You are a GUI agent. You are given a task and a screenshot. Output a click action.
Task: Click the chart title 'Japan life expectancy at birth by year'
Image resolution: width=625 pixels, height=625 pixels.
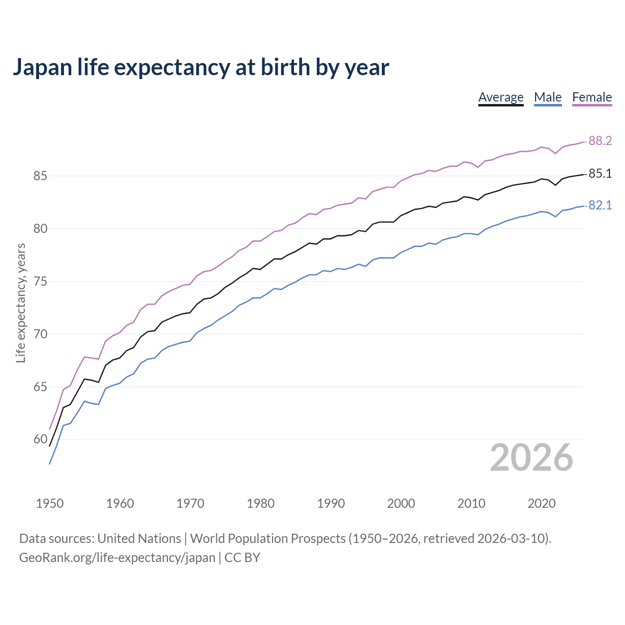pyautogui.click(x=201, y=67)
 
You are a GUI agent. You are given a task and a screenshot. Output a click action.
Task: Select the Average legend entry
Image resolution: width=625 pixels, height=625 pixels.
pyautogui.click(x=500, y=97)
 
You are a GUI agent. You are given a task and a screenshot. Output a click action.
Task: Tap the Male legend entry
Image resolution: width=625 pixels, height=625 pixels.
pyautogui.click(x=548, y=97)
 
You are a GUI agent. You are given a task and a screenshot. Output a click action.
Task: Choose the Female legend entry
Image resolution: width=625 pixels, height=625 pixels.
pyautogui.click(x=592, y=97)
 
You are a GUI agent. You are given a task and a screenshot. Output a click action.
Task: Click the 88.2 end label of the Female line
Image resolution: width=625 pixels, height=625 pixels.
pyautogui.click(x=600, y=141)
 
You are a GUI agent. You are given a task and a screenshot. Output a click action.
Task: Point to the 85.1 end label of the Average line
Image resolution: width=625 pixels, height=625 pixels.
pyautogui.click(x=600, y=174)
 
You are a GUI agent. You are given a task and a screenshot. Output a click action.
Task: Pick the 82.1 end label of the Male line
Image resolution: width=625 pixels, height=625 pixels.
pyautogui.click(x=600, y=206)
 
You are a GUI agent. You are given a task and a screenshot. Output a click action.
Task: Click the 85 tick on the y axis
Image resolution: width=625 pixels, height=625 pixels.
pyautogui.click(x=40, y=176)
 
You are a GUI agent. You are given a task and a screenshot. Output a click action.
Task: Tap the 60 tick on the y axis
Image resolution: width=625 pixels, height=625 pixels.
pyautogui.click(x=40, y=439)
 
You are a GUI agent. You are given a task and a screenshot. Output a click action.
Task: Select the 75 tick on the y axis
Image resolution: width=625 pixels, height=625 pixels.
pyautogui.click(x=40, y=282)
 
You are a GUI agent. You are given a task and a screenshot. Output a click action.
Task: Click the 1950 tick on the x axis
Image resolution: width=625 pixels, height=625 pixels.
pyautogui.click(x=50, y=503)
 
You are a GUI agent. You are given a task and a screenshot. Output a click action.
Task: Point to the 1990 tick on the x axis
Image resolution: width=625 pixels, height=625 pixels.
pyautogui.click(x=331, y=503)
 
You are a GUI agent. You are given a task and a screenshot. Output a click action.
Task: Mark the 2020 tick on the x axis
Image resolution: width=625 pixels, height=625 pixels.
pyautogui.click(x=542, y=503)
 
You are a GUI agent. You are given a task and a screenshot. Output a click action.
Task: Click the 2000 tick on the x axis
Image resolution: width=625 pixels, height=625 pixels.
pyautogui.click(x=401, y=503)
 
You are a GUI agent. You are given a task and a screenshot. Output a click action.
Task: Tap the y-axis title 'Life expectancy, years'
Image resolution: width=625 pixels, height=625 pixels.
pyautogui.click(x=21, y=303)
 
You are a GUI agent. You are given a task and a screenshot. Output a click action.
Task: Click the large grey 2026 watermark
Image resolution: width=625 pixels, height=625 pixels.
pyautogui.click(x=531, y=458)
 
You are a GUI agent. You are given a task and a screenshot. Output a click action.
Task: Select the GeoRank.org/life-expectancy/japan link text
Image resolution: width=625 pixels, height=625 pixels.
pyautogui.click(x=117, y=558)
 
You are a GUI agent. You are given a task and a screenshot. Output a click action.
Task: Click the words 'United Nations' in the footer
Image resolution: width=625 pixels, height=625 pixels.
pyautogui.click(x=139, y=539)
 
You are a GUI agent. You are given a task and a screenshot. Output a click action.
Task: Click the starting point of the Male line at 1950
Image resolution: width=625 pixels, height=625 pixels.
pyautogui.click(x=50, y=463)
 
